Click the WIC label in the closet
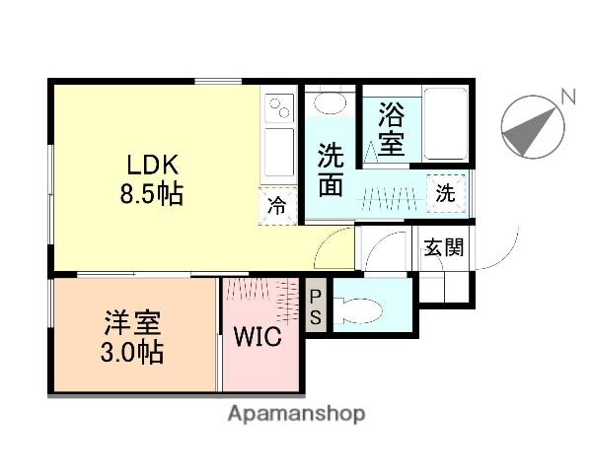(258, 335)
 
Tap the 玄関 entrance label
(444, 247)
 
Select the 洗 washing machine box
(446, 194)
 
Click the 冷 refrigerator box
(279, 206)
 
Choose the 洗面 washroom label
(331, 169)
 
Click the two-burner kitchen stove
(278, 104)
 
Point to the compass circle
(533, 129)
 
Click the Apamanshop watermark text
(296, 414)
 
